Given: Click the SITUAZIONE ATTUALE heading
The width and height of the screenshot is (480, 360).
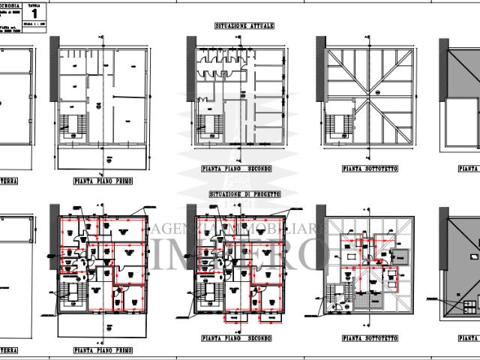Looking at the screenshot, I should [245, 25].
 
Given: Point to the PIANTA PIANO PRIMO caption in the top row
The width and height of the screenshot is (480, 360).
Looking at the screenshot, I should [104, 181].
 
